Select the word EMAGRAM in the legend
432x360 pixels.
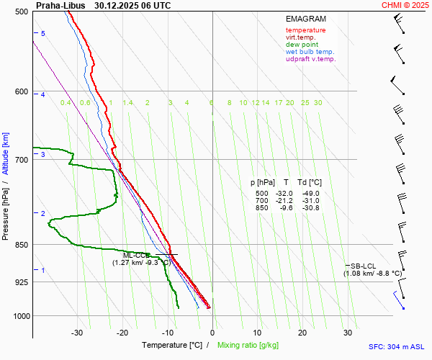pyautogui.click(x=305, y=19)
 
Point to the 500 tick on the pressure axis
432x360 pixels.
pyautogui.click(x=21, y=12)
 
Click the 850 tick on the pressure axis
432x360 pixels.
pyautogui.click(x=21, y=245)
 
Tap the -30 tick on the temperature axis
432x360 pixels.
pyautogui.click(x=77, y=333)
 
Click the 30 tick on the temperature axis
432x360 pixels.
pyautogui.click(x=348, y=333)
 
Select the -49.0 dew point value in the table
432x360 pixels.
pyautogui.click(x=311, y=194)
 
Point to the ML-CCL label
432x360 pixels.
pyautogui.click(x=137, y=256)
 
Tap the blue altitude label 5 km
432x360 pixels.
pyautogui.click(x=43, y=34)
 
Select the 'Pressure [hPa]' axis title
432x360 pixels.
pyautogui.click(x=6, y=209)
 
